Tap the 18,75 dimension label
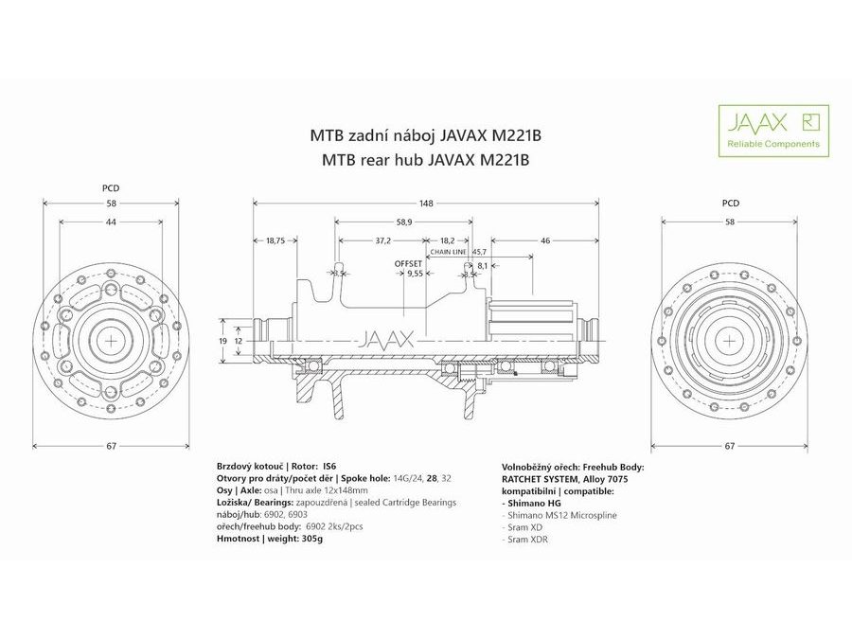tap(275, 240)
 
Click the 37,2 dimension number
tap(383, 240)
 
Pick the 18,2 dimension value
tap(448, 240)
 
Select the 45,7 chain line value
tap(479, 252)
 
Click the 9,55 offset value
tap(415, 273)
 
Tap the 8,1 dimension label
tap(483, 266)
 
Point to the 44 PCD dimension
tap(111, 222)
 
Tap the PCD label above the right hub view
tap(730, 203)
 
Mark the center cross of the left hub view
tap(111, 340)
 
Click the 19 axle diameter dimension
tap(222, 340)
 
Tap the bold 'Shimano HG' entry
tap(533, 503)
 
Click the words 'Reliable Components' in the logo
tap(772, 144)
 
